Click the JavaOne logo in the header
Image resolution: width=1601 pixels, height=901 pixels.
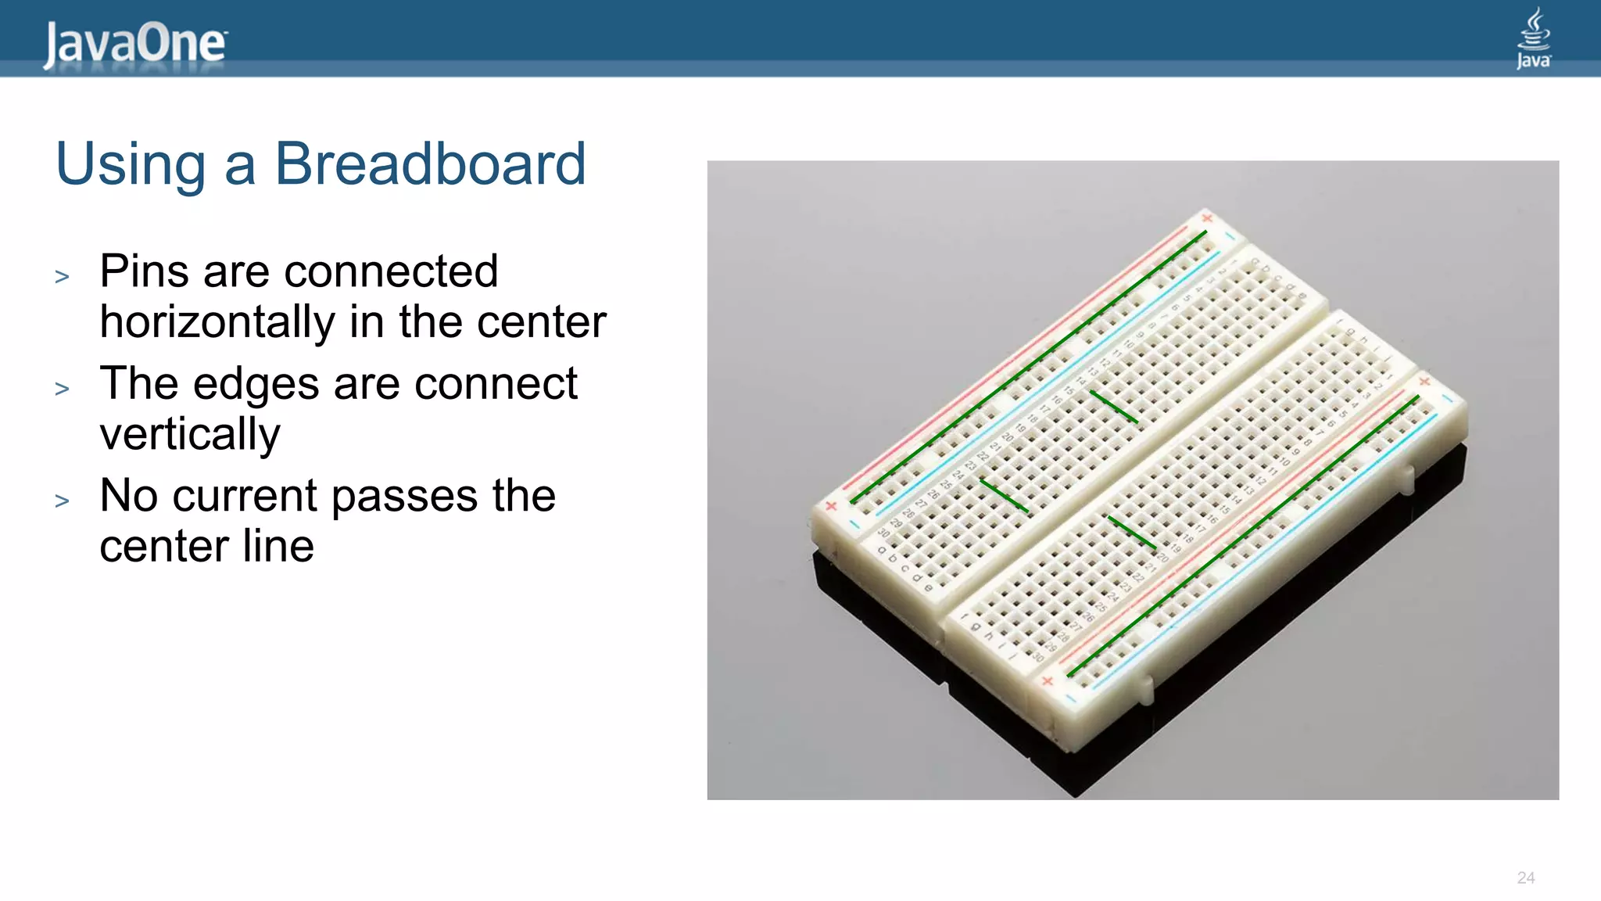134,44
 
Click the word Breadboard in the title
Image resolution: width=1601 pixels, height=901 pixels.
430,164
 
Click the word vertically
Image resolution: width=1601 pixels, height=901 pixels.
190,434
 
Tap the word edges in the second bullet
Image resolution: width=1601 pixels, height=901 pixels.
256,384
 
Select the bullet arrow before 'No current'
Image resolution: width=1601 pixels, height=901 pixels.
63,501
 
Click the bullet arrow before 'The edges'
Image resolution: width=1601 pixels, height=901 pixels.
63,389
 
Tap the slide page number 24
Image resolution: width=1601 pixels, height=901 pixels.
1525,878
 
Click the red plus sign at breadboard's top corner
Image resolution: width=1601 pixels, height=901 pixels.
1207,217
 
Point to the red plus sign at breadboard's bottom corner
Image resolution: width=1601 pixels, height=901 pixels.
1048,681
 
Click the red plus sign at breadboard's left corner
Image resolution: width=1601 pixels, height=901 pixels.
831,506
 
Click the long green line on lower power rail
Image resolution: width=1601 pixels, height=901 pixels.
1243,536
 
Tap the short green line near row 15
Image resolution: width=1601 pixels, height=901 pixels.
1113,407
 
